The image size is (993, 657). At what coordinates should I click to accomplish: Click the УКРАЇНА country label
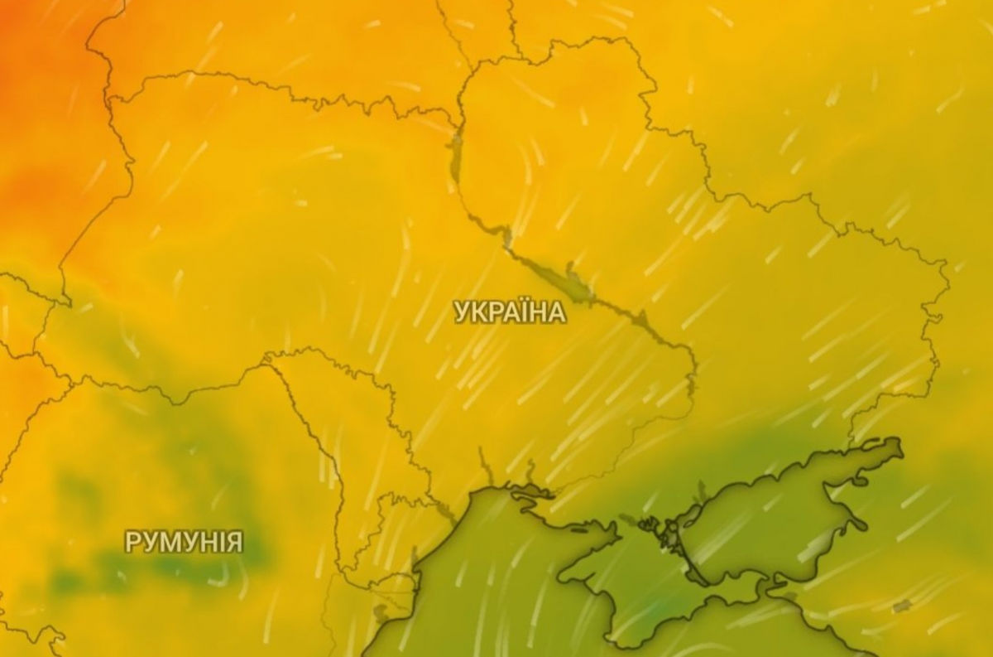click(x=510, y=312)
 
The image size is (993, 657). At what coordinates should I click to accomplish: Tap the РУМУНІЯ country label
click(x=184, y=543)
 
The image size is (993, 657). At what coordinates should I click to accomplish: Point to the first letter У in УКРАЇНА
click(x=460, y=312)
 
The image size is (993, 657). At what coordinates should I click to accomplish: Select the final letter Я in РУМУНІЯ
click(x=236, y=543)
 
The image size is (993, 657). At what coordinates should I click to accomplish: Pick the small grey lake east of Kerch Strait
click(x=902, y=607)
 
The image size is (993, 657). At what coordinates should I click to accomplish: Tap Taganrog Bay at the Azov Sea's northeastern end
click(x=877, y=452)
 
